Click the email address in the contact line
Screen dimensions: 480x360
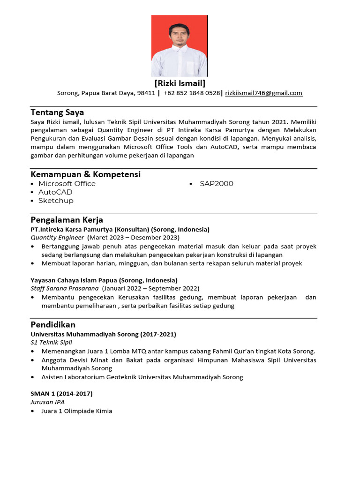[263, 93]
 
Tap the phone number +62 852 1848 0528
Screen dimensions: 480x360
[191, 93]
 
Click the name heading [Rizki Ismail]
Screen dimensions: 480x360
[180, 83]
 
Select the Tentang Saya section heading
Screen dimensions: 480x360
[57, 112]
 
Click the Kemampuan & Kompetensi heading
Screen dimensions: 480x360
[85, 174]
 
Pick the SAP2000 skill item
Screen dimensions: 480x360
[216, 184]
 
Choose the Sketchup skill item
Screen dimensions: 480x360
[56, 201]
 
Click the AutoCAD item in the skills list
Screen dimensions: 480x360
[55, 192]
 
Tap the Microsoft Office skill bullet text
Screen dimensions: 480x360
[67, 184]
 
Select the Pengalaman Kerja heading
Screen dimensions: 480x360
[67, 220]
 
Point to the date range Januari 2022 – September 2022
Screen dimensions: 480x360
[150, 288]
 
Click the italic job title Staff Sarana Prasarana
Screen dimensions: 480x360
[65, 288]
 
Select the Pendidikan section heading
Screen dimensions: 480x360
[53, 324]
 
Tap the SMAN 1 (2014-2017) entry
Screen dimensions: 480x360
[61, 393]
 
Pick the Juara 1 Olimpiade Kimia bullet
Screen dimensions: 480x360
[76, 411]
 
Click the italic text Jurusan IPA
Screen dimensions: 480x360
[47, 402]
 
